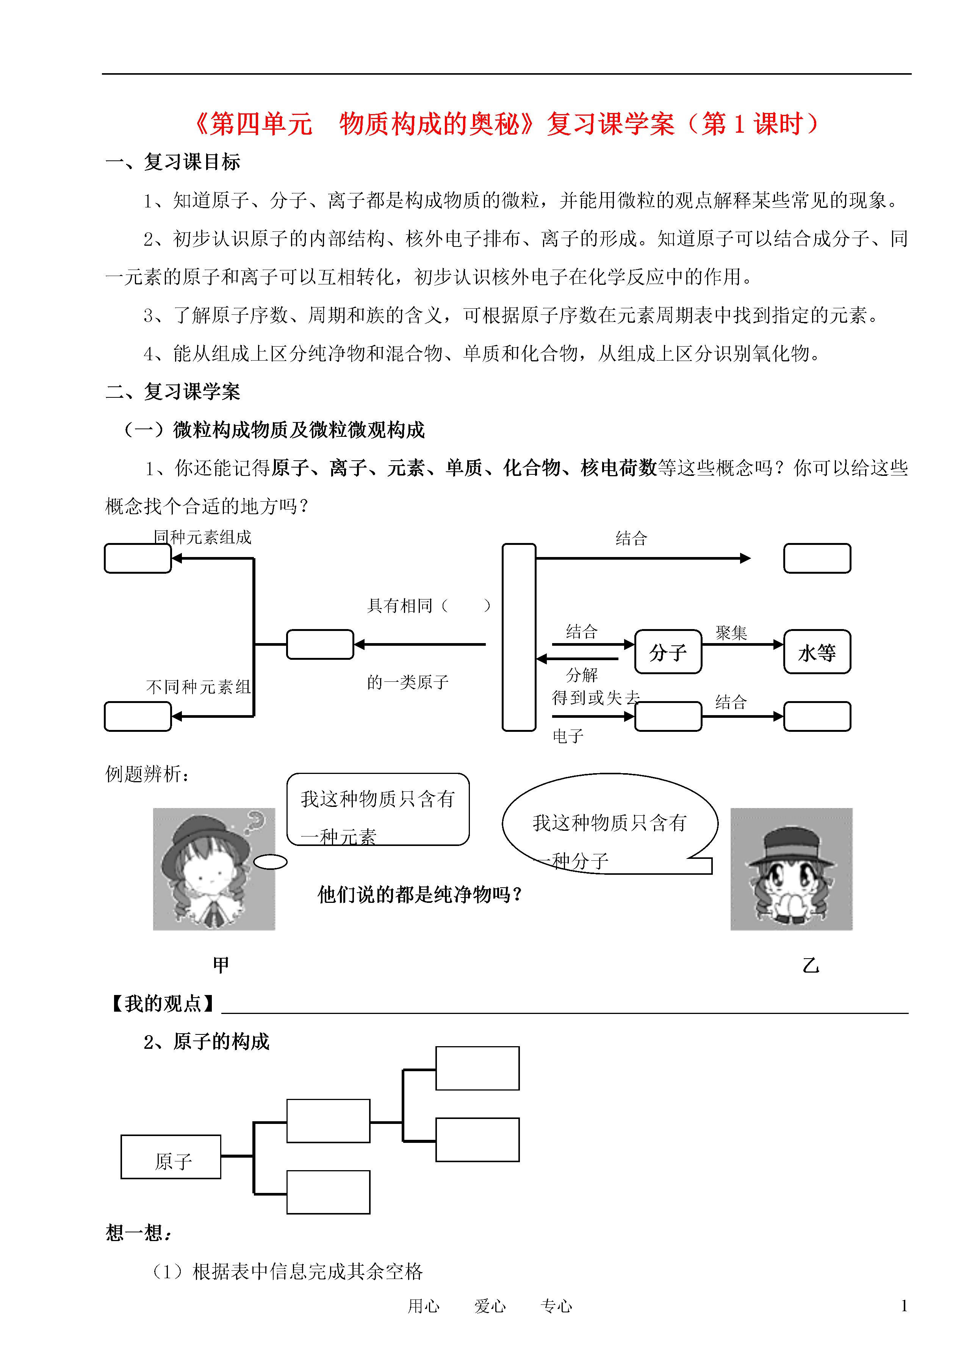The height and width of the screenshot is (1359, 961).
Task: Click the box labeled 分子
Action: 668,651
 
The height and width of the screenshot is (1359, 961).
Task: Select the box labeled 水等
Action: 817,651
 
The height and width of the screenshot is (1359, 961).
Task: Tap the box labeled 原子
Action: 171,1157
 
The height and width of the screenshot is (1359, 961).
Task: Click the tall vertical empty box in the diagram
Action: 519,637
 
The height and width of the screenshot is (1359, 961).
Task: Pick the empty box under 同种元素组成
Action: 138,559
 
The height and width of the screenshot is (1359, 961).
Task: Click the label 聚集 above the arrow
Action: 731,632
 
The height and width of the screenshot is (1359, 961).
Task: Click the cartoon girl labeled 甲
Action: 214,869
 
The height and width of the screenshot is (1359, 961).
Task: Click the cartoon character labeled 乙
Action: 791,869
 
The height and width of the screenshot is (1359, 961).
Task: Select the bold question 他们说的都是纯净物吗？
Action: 421,894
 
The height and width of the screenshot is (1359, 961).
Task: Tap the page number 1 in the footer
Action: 904,1305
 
